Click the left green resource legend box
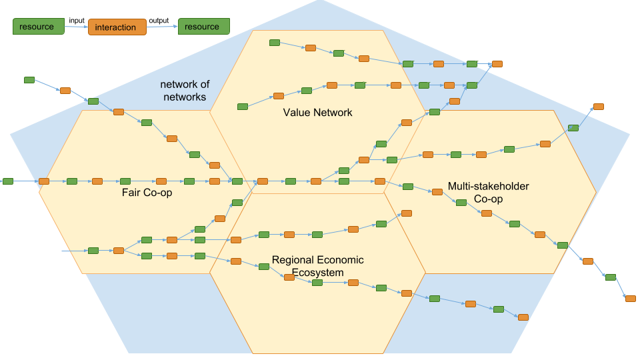[39, 27]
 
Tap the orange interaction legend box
[117, 27]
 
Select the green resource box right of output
[204, 27]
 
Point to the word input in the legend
[77, 21]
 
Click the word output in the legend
[159, 21]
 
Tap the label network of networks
[185, 91]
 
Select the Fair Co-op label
[147, 192]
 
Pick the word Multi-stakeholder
[488, 186]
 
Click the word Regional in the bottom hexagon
[290, 260]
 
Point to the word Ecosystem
[317, 273]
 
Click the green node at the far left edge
[8, 181]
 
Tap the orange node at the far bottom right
[631, 299]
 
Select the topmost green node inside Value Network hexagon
[275, 43]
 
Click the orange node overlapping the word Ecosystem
[289, 277]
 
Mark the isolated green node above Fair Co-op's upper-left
[29, 80]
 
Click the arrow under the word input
[76, 27]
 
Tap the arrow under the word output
[162, 27]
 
